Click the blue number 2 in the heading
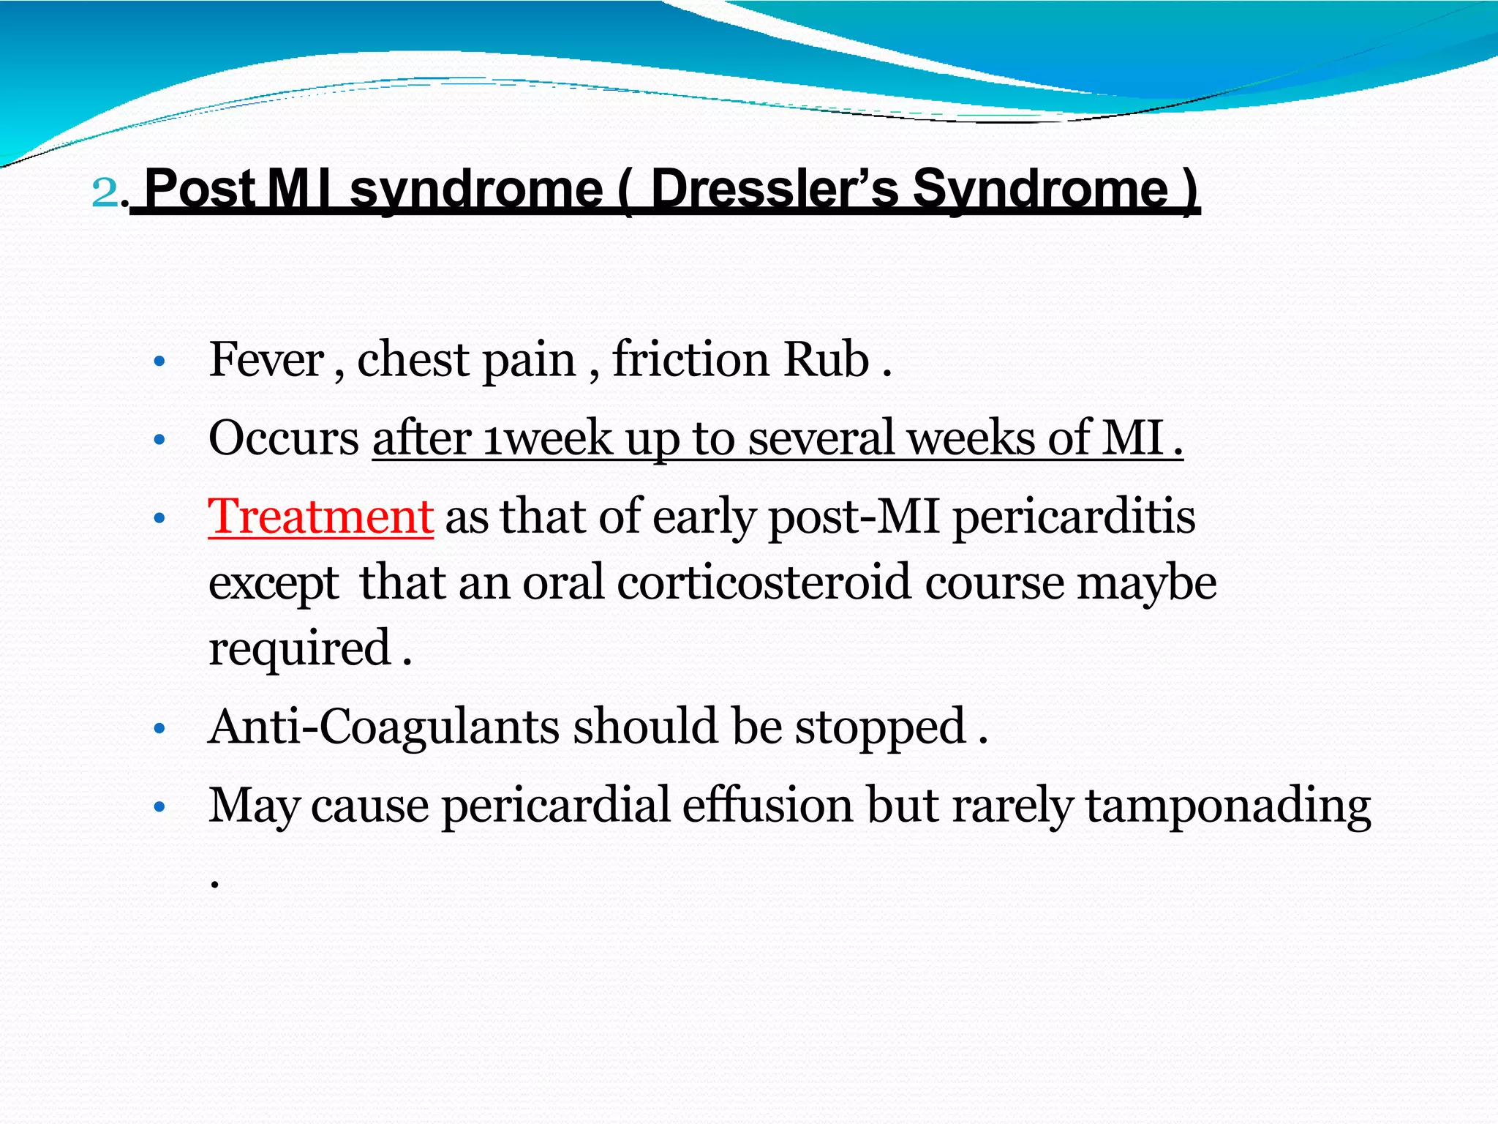pos(105,192)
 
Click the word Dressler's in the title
pos(774,189)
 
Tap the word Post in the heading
pos(200,189)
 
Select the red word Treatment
pos(320,517)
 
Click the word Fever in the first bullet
pos(266,360)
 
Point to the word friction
pos(690,360)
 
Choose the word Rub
pos(826,360)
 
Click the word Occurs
pos(284,438)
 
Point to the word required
pos(300,649)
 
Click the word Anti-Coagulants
pos(385,727)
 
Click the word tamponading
pos(1227,806)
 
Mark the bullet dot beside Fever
pos(160,361)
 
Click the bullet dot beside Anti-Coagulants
pos(160,729)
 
